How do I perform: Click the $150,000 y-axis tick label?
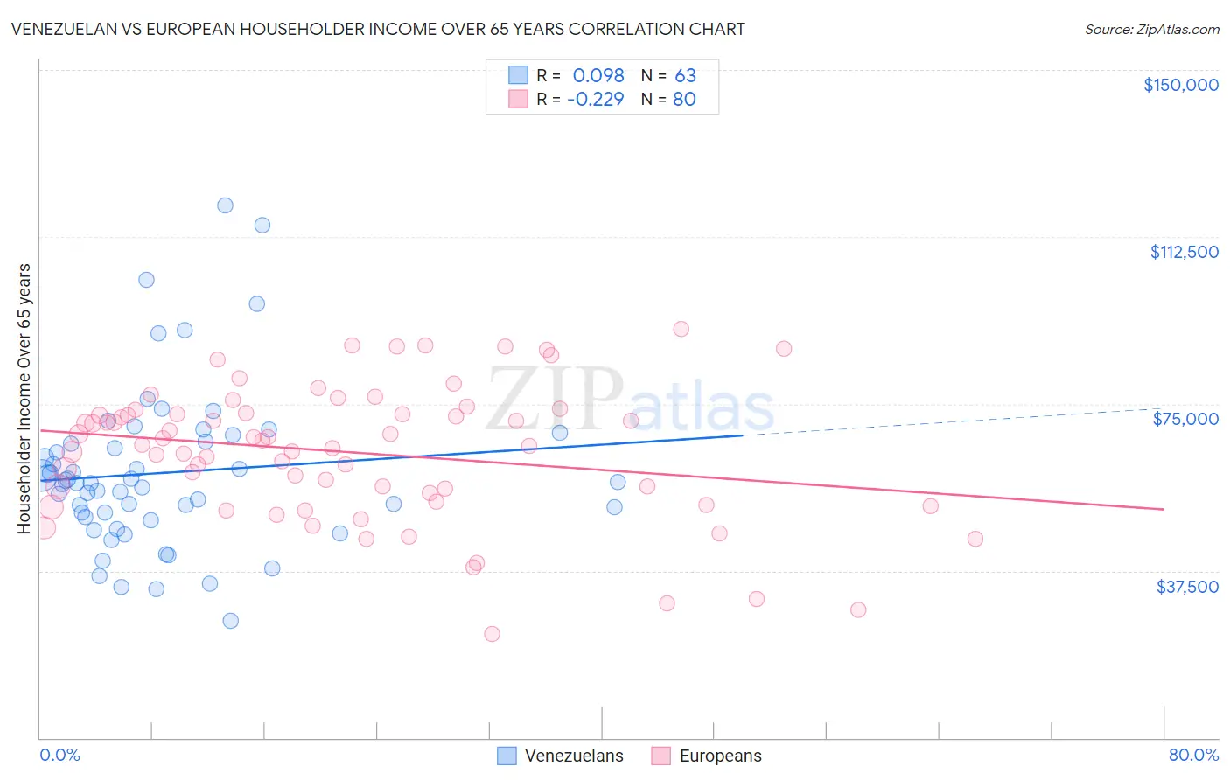click(1180, 85)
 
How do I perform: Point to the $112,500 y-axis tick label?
click(1184, 252)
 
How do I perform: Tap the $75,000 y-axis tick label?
click(1185, 419)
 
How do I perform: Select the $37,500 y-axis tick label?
click(1187, 587)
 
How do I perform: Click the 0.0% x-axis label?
click(59, 755)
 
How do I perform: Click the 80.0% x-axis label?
click(1193, 755)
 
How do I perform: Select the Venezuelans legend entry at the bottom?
click(561, 756)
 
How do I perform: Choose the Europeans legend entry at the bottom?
click(707, 756)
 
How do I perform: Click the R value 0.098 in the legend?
click(598, 75)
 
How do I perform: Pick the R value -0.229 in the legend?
click(595, 99)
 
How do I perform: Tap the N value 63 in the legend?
click(685, 75)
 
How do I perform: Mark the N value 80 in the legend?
click(684, 99)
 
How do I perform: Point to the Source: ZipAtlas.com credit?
click(1151, 30)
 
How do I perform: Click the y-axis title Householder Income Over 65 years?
click(24, 399)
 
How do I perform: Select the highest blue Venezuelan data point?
click(225, 205)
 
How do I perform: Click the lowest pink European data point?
click(492, 634)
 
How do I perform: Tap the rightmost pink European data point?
click(975, 539)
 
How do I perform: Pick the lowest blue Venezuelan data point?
click(230, 621)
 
